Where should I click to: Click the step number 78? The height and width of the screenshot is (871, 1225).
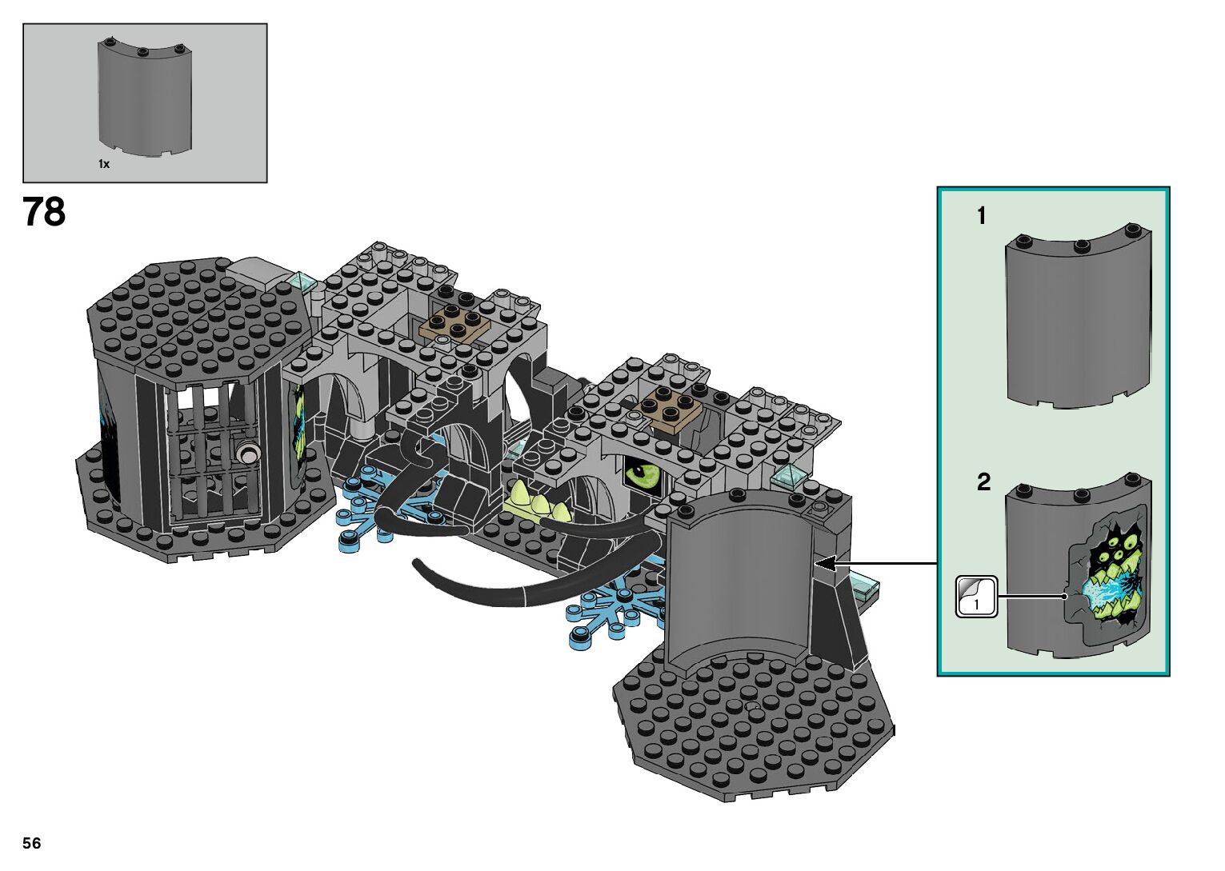[44, 212]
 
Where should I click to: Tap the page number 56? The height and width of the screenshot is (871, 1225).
[32, 843]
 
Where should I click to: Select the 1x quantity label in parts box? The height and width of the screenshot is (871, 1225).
[104, 164]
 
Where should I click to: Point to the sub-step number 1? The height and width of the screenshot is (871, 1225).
[982, 216]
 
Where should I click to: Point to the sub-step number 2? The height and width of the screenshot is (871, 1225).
[983, 482]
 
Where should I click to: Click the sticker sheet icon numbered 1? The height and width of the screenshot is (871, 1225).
[977, 597]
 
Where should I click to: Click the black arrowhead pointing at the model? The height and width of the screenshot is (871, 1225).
[825, 563]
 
